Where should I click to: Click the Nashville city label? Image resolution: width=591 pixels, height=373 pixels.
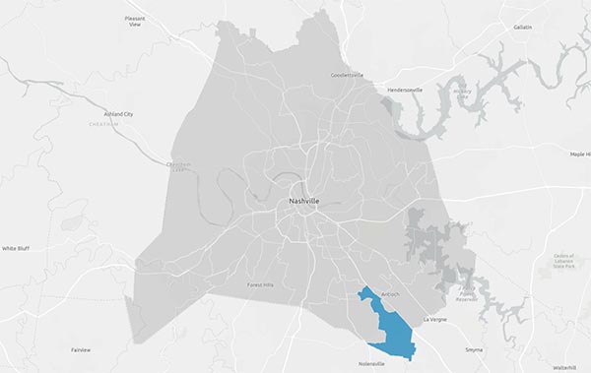click(x=303, y=201)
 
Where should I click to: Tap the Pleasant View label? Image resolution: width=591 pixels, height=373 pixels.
click(x=135, y=23)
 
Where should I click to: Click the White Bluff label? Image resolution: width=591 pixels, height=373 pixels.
click(x=17, y=249)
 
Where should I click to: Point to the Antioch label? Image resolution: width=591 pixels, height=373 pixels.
click(x=391, y=292)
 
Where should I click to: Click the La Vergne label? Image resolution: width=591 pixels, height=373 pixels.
click(x=434, y=320)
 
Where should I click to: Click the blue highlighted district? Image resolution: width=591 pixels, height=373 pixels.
click(x=389, y=325)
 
